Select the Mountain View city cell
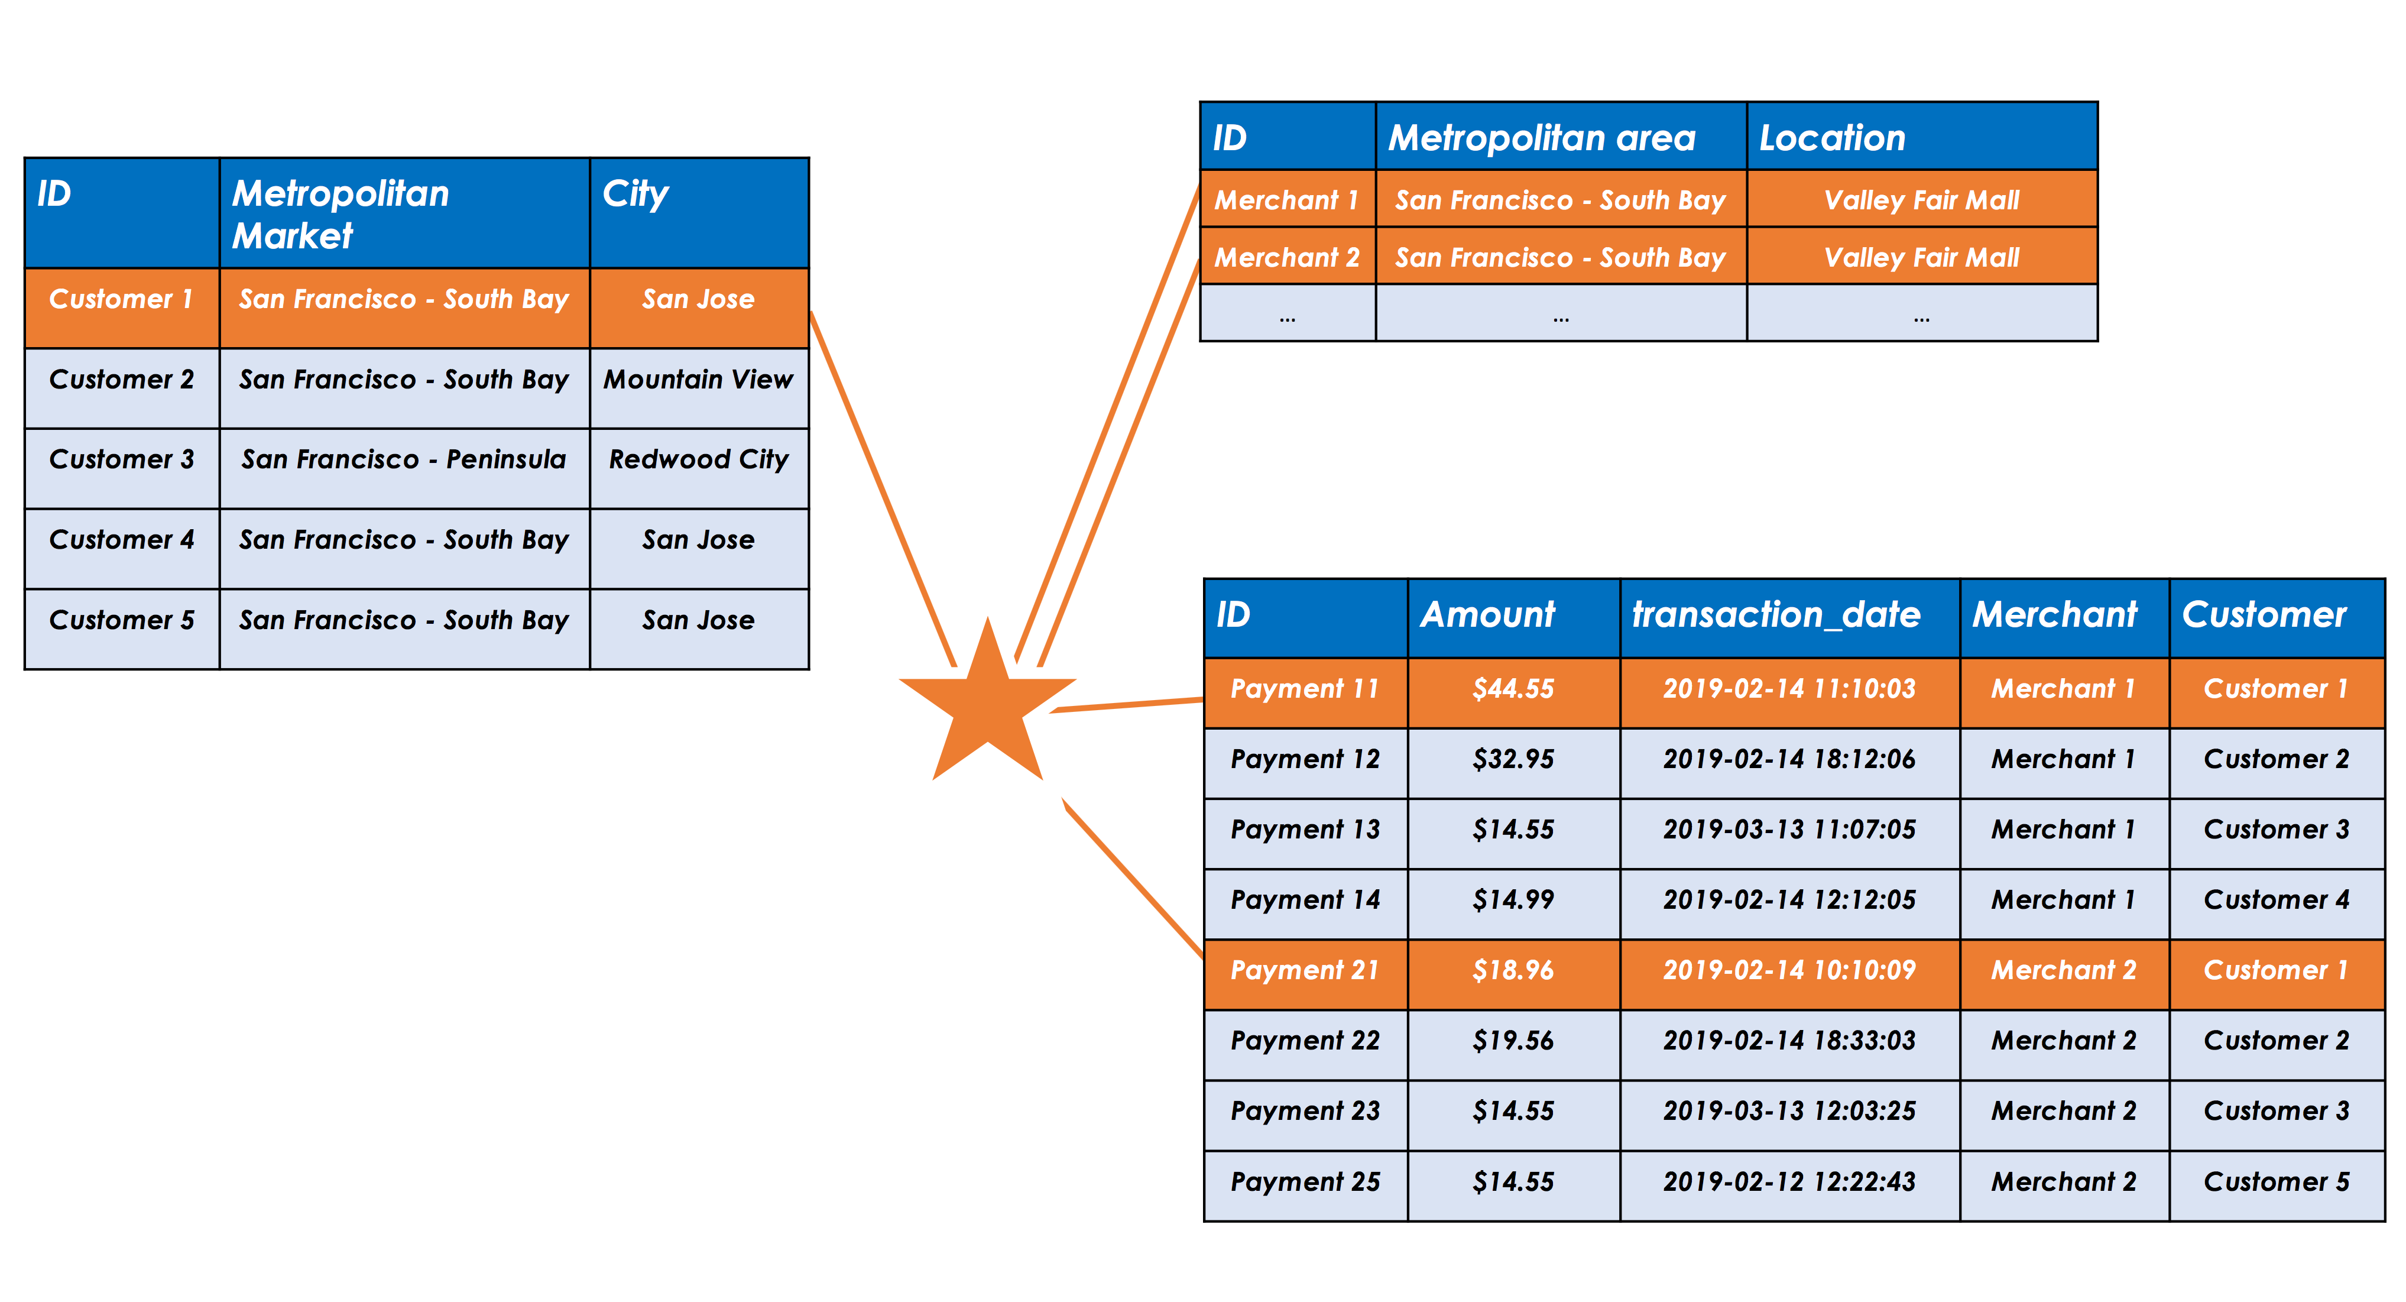point(699,388)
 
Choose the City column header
point(699,213)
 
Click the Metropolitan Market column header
point(404,213)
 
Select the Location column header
point(1922,137)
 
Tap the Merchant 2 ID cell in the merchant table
point(1288,256)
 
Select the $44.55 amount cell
point(1514,693)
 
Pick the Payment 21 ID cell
point(1306,974)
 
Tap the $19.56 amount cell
point(1514,1044)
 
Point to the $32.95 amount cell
point(1514,763)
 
